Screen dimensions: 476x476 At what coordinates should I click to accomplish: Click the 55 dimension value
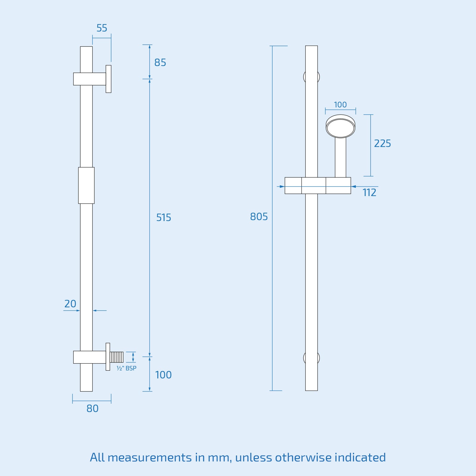[x=102, y=28]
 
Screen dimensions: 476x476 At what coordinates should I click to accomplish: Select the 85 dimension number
[x=160, y=63]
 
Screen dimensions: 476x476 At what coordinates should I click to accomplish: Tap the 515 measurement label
[x=164, y=217]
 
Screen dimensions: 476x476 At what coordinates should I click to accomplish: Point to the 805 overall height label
[x=259, y=217]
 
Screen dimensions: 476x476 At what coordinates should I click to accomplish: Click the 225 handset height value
[x=382, y=143]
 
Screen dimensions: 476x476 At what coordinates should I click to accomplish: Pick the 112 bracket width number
[x=369, y=192]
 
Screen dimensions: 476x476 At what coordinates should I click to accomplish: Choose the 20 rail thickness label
[x=70, y=304]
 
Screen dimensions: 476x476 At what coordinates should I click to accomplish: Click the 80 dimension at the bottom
[x=92, y=408]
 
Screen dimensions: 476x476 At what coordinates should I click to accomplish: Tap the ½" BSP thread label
[x=126, y=368]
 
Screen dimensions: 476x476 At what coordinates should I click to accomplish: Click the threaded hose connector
[x=117, y=357]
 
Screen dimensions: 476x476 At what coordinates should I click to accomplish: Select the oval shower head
[x=340, y=127]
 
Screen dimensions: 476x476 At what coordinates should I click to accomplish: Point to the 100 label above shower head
[x=340, y=105]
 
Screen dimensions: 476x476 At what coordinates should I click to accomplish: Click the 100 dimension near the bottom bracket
[x=163, y=375]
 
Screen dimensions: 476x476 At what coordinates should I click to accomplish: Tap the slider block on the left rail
[x=86, y=185]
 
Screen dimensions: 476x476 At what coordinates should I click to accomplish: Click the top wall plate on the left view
[x=109, y=79]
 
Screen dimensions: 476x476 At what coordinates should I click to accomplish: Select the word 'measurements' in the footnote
[x=150, y=458]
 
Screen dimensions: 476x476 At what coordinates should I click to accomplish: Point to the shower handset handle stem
[x=340, y=158]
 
